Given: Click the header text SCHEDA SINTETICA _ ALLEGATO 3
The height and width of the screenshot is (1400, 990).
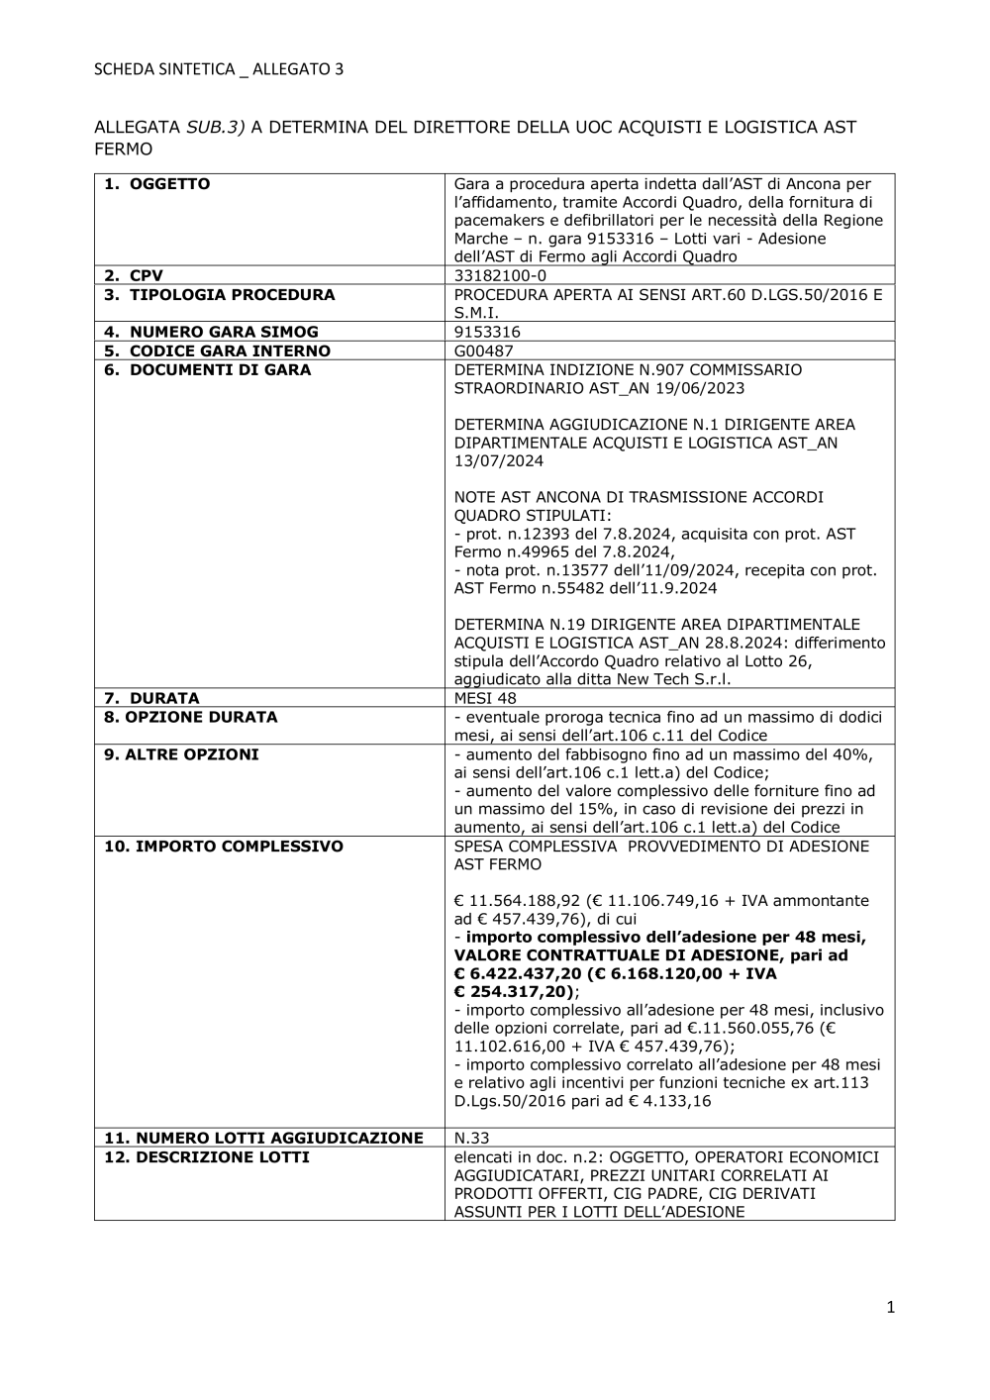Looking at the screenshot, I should [219, 69].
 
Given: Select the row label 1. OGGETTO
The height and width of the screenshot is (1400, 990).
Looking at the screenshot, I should [157, 184].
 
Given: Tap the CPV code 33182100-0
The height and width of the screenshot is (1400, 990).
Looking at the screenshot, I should [500, 276].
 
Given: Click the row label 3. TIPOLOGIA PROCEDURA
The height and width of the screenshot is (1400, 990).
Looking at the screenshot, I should [220, 295].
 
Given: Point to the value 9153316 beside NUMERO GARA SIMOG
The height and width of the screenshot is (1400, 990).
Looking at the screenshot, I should [487, 333].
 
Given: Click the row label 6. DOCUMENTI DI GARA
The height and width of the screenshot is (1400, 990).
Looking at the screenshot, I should [208, 370].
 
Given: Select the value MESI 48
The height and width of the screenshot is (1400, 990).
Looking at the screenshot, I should [485, 698].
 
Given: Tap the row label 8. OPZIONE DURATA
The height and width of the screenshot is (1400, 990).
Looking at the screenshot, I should [191, 717].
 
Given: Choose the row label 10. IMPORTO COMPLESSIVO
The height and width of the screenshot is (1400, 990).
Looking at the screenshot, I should [224, 847].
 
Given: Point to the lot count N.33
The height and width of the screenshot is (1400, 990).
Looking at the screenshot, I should [471, 1139].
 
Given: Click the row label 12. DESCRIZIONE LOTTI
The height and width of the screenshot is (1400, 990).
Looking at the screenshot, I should [207, 1157].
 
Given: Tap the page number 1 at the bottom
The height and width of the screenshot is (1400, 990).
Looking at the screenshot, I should [890, 1308].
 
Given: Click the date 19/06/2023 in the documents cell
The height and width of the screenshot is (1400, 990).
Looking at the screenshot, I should [704, 388].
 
